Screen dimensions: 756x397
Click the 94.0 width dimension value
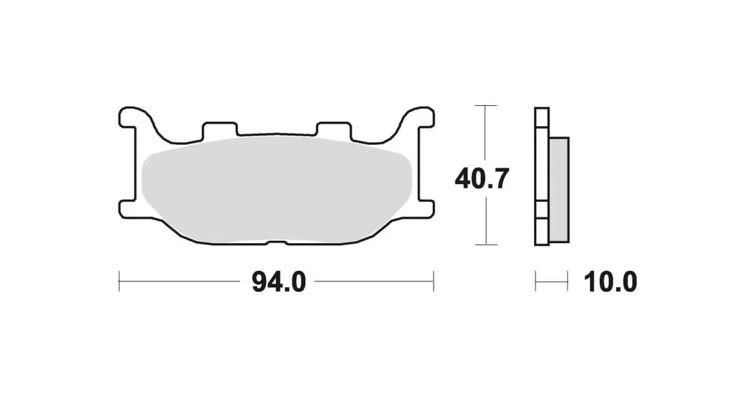[278, 282]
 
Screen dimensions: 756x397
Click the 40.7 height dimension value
[482, 179]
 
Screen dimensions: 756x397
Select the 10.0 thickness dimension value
[611, 282]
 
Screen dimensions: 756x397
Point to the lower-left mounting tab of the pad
[128, 208]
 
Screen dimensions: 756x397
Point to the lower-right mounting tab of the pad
[425, 208]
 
